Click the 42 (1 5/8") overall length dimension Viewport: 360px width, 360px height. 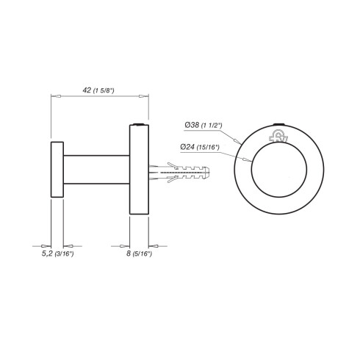(x=98, y=90)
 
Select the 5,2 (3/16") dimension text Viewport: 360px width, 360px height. (x=56, y=253)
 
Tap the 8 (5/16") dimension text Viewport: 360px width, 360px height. (x=139, y=253)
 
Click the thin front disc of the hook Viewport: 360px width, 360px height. (x=57, y=170)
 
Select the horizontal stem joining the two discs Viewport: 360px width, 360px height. (x=96, y=170)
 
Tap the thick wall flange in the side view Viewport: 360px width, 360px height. (x=140, y=170)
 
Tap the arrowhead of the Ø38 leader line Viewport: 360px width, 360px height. (x=242, y=142)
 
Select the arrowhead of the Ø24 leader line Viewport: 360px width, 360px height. (x=251, y=159)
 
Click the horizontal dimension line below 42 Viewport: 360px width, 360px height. (x=100, y=96)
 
